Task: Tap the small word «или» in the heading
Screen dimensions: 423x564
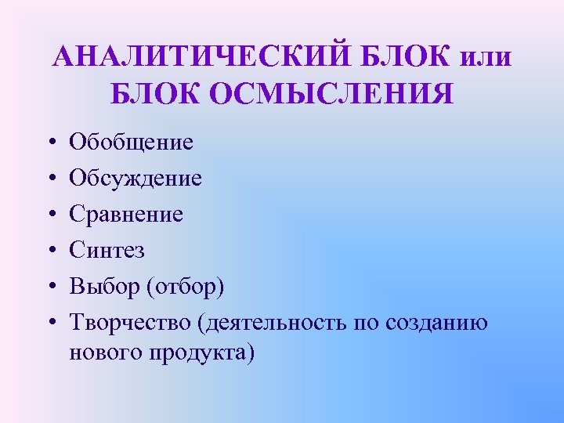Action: point(486,57)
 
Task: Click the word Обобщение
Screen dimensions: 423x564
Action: point(131,143)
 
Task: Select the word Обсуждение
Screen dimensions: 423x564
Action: point(136,179)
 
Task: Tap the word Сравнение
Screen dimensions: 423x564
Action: point(126,214)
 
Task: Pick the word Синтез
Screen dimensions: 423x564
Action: point(107,250)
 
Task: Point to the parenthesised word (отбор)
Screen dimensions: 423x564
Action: point(185,286)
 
